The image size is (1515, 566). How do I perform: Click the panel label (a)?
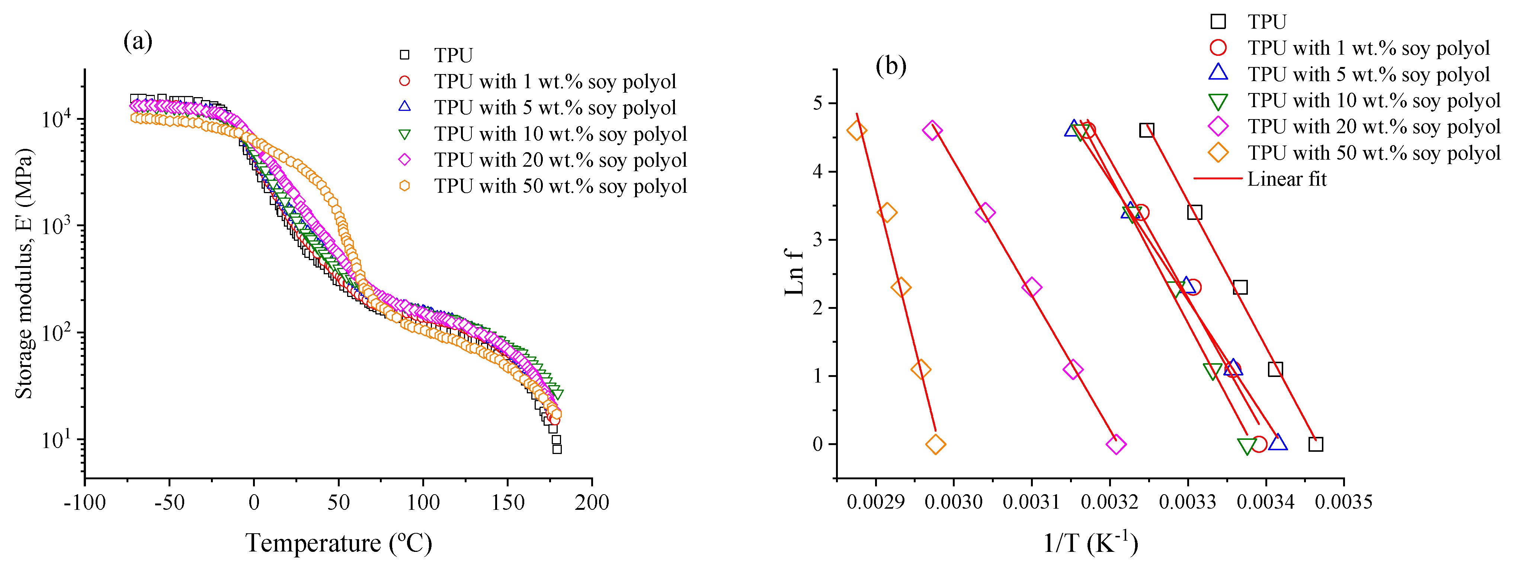pyautogui.click(x=138, y=42)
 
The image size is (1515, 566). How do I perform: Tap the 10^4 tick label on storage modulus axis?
pyautogui.click(x=57, y=119)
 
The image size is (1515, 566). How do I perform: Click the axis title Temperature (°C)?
pyautogui.click(x=338, y=543)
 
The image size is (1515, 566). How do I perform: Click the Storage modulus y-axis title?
pyautogui.click(x=25, y=274)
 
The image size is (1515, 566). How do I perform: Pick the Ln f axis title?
pyautogui.click(x=794, y=272)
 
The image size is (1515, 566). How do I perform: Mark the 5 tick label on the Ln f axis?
pyautogui.click(x=817, y=103)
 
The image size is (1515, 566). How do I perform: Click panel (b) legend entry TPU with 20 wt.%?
pyautogui.click(x=1373, y=127)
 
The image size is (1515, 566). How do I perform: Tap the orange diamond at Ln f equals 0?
pyautogui.click(x=935, y=444)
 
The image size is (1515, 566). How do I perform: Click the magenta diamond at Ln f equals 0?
pyautogui.click(x=1116, y=444)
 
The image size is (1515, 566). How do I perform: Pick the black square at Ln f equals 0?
pyautogui.click(x=1316, y=444)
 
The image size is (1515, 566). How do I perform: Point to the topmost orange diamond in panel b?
pyautogui.click(x=856, y=131)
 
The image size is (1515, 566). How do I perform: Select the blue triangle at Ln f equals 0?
pyautogui.click(x=1277, y=442)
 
